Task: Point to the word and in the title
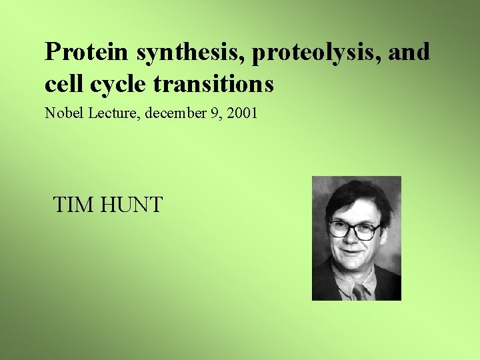pyautogui.click(x=408, y=52)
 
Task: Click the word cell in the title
pyautogui.click(x=62, y=85)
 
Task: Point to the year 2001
pyautogui.click(x=242, y=113)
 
